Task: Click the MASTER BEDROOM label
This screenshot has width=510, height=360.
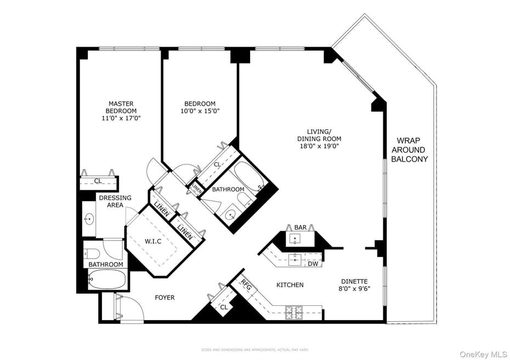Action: pos(121,107)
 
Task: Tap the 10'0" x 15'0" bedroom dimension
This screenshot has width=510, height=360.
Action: pos(200,111)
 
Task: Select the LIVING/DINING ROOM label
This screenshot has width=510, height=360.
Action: pos(319,135)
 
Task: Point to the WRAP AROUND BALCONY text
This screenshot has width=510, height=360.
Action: pos(409,150)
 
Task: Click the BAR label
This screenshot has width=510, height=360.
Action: pos(301,227)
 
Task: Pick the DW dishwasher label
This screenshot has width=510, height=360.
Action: pos(313,264)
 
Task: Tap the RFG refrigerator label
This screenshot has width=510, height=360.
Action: pos(246,285)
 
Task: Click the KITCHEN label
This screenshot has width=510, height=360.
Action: pos(290,285)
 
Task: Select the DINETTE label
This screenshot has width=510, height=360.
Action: pos(353,281)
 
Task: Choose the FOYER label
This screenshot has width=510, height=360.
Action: pos(165,298)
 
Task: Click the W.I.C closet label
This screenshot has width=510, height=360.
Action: pos(153,241)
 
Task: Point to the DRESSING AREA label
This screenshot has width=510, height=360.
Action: pos(115,201)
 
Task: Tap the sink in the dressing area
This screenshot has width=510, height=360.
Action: pos(89,219)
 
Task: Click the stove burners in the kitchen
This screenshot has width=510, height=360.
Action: pos(293,313)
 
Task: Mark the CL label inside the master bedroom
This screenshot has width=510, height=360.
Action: pos(98,181)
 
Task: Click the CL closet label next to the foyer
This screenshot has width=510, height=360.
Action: pos(224,307)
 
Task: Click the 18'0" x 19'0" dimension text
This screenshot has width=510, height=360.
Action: pos(319,146)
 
